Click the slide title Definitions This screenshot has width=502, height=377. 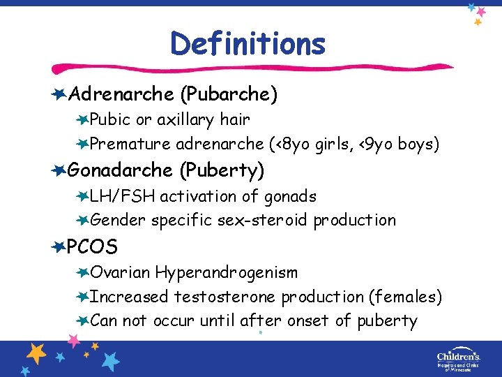click(248, 43)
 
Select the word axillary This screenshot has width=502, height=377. click(185, 119)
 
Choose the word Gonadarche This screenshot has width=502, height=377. click(121, 170)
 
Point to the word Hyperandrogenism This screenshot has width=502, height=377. click(227, 272)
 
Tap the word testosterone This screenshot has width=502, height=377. click(225, 297)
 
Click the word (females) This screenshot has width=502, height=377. click(405, 297)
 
